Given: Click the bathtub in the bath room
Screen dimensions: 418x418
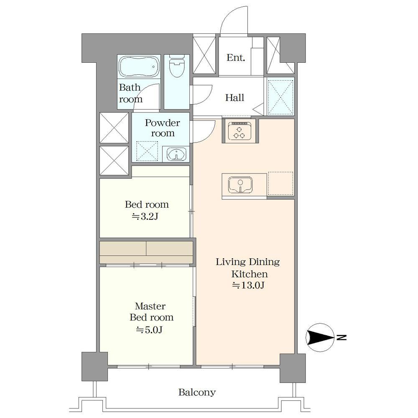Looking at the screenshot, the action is click(139, 66).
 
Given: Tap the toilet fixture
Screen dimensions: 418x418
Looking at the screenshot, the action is click(177, 66).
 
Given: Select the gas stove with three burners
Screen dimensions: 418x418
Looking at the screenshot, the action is click(239, 130).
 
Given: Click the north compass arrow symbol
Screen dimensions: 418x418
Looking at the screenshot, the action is click(320, 337).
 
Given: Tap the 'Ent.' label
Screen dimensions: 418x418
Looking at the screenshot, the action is click(236, 58).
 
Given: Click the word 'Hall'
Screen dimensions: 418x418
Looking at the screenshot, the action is click(234, 97).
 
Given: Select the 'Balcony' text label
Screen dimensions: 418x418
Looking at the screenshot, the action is click(197, 392).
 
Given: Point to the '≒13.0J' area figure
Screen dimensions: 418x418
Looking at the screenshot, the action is click(248, 285).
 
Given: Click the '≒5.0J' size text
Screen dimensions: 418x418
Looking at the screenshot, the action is click(149, 330).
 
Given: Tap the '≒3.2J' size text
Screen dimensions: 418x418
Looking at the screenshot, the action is click(145, 217).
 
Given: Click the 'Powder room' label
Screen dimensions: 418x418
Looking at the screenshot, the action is click(162, 127).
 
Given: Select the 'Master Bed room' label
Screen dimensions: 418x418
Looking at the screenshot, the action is click(151, 312).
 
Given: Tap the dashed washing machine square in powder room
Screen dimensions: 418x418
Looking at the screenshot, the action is click(147, 151).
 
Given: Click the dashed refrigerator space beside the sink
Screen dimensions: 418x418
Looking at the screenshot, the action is click(280, 184).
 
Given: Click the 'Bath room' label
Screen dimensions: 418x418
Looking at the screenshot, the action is click(130, 93).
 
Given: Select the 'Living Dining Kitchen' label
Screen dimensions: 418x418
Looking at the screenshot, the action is click(248, 268).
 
